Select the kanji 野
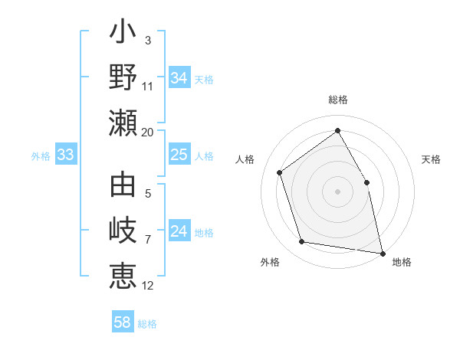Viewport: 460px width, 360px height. (x=123, y=79)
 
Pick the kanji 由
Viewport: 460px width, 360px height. (x=123, y=186)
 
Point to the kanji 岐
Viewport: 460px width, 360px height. (x=123, y=232)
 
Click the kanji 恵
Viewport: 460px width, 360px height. (x=123, y=277)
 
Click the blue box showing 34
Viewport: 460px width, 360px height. (x=179, y=78)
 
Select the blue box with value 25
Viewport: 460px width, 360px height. (x=179, y=155)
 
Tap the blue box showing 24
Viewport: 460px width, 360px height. (x=179, y=231)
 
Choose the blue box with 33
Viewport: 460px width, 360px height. (x=66, y=155)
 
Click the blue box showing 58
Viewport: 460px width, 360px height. (x=123, y=322)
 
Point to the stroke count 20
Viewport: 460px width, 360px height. (x=148, y=132)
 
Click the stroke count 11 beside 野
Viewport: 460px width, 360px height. (x=148, y=86)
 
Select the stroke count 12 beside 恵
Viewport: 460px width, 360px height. (x=148, y=285)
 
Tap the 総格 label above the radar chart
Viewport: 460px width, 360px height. (x=338, y=100)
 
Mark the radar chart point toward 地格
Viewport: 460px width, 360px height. (x=383, y=253)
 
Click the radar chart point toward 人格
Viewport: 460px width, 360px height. (x=280, y=172)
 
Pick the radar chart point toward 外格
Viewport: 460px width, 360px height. (x=302, y=242)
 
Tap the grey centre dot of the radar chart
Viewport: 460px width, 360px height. (x=338, y=191)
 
